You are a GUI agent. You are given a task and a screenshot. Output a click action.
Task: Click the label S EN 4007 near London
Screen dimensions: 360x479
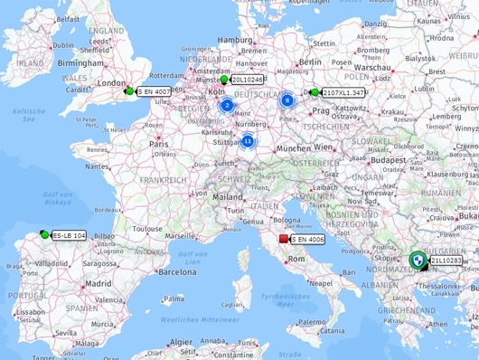pyautogui.click(x=155, y=91)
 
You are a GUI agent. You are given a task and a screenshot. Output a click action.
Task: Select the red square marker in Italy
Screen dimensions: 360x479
pyautogui.click(x=284, y=239)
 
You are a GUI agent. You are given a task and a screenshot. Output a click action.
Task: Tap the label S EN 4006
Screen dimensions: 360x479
pyautogui.click(x=308, y=239)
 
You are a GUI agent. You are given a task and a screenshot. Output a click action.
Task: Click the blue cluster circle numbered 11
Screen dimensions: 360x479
pyautogui.click(x=248, y=140)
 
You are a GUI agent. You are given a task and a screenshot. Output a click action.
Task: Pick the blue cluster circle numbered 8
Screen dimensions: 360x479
pyautogui.click(x=287, y=100)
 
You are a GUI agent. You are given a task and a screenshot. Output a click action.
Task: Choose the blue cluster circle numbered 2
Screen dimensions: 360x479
pyautogui.click(x=227, y=105)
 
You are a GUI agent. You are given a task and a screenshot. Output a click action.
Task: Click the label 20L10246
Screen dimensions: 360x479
pyautogui.click(x=247, y=80)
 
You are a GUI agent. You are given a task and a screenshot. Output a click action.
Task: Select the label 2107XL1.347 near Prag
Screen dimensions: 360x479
pyautogui.click(x=343, y=92)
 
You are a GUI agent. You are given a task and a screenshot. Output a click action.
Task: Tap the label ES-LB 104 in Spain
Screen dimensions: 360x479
pyautogui.click(x=70, y=235)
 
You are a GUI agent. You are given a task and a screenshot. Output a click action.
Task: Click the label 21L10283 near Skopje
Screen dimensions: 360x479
pyautogui.click(x=446, y=261)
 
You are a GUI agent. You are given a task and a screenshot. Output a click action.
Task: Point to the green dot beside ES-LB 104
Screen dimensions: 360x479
pyautogui.click(x=45, y=234)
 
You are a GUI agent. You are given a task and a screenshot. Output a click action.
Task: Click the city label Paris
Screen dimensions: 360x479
pyautogui.click(x=159, y=143)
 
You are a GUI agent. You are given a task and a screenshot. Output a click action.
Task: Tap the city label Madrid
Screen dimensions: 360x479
pyautogui.click(x=98, y=282)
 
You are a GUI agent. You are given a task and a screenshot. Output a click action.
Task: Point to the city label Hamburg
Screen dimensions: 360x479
pyautogui.click(x=234, y=40)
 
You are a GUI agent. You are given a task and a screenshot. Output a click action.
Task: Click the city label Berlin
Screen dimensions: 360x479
pyautogui.click(x=310, y=61)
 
